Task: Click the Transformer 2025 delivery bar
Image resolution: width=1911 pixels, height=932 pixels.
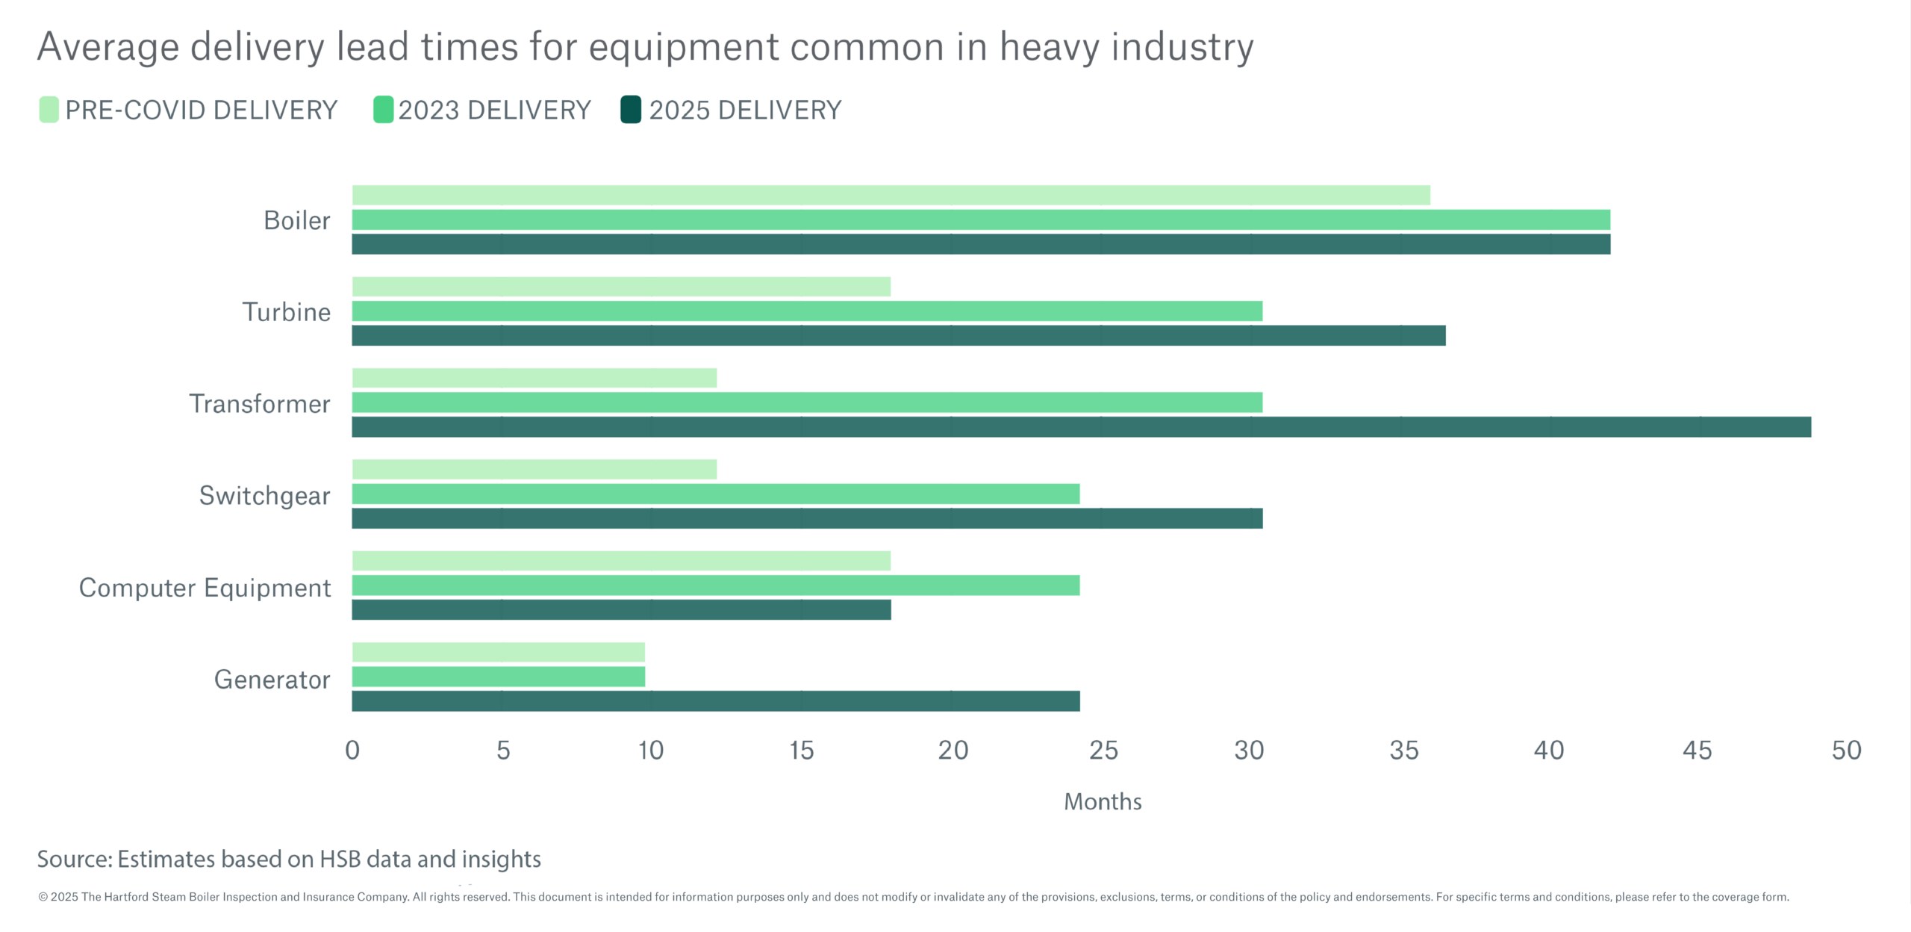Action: [x=1081, y=427]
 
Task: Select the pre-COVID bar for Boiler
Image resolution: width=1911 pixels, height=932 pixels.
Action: [x=891, y=196]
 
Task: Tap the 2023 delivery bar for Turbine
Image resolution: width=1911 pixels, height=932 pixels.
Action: [x=807, y=311]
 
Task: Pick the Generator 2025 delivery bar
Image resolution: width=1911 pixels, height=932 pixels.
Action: [x=715, y=701]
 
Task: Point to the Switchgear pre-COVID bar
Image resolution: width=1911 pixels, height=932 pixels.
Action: [x=534, y=470]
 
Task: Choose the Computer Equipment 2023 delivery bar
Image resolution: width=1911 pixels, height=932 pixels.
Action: [x=715, y=585]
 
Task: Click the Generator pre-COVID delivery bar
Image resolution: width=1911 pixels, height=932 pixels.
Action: [x=498, y=653]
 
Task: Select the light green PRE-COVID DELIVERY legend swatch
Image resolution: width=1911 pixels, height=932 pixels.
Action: [x=49, y=110]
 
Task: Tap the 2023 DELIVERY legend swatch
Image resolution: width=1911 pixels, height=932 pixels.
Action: [x=383, y=110]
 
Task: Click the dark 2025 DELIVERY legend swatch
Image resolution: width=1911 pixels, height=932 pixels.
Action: [x=631, y=110]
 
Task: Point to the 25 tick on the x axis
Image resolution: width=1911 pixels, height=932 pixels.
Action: [x=1103, y=751]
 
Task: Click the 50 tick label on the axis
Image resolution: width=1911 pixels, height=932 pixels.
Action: [x=1846, y=751]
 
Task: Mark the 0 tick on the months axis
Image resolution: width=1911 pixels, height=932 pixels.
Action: [x=352, y=751]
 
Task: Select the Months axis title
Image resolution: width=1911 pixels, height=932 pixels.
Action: [x=1103, y=802]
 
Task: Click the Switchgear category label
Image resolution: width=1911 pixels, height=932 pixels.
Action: [x=264, y=496]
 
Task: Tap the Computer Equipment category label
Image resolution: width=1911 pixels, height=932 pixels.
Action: [x=205, y=588]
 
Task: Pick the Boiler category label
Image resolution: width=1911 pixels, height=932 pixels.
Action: [x=296, y=221]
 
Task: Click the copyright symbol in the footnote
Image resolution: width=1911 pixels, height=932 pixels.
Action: [x=43, y=898]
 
